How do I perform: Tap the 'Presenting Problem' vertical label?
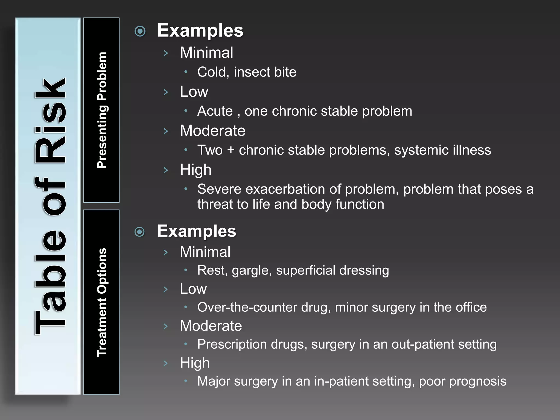pyautogui.click(x=102, y=110)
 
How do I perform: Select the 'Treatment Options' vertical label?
pyautogui.click(x=102, y=302)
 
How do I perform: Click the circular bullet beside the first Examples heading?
pyautogui.click(x=140, y=31)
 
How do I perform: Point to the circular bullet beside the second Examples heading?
pyautogui.click(x=140, y=232)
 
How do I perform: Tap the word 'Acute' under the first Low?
pyautogui.click(x=215, y=111)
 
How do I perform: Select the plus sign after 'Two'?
pyautogui.click(x=231, y=150)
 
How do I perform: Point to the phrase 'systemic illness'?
pyautogui.click(x=442, y=150)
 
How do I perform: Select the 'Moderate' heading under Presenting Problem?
pyautogui.click(x=212, y=130)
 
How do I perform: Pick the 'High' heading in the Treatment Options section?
pyautogui.click(x=195, y=363)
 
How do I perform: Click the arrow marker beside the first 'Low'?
pyautogui.click(x=166, y=92)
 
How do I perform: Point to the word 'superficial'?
pyautogui.click(x=305, y=270)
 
